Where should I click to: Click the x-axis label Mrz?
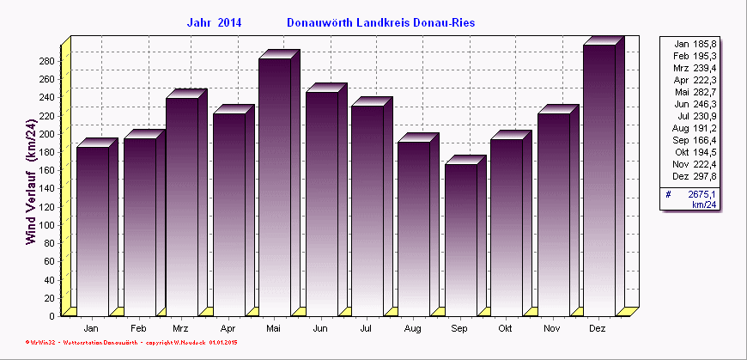(180, 329)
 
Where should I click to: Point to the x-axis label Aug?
(412, 329)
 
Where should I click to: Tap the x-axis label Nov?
(552, 329)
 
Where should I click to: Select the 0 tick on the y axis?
(52, 315)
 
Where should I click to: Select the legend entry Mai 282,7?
(695, 91)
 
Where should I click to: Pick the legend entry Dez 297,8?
(695, 175)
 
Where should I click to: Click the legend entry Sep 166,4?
(695, 139)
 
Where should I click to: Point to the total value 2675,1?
(702, 195)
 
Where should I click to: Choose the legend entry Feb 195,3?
(695, 55)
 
